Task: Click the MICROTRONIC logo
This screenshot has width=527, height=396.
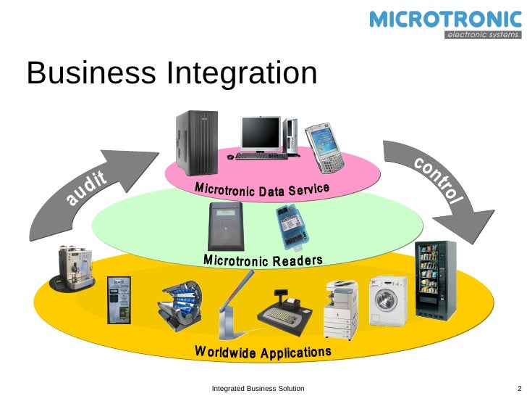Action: pyautogui.click(x=444, y=20)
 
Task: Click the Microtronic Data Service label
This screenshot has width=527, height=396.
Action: pyautogui.click(x=262, y=189)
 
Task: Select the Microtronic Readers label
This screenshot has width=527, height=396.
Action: pyautogui.click(x=263, y=260)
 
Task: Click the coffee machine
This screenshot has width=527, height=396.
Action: pyautogui.click(x=73, y=268)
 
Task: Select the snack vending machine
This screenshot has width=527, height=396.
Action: pyautogui.click(x=436, y=280)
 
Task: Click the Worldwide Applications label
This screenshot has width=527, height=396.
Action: pyautogui.click(x=263, y=352)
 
